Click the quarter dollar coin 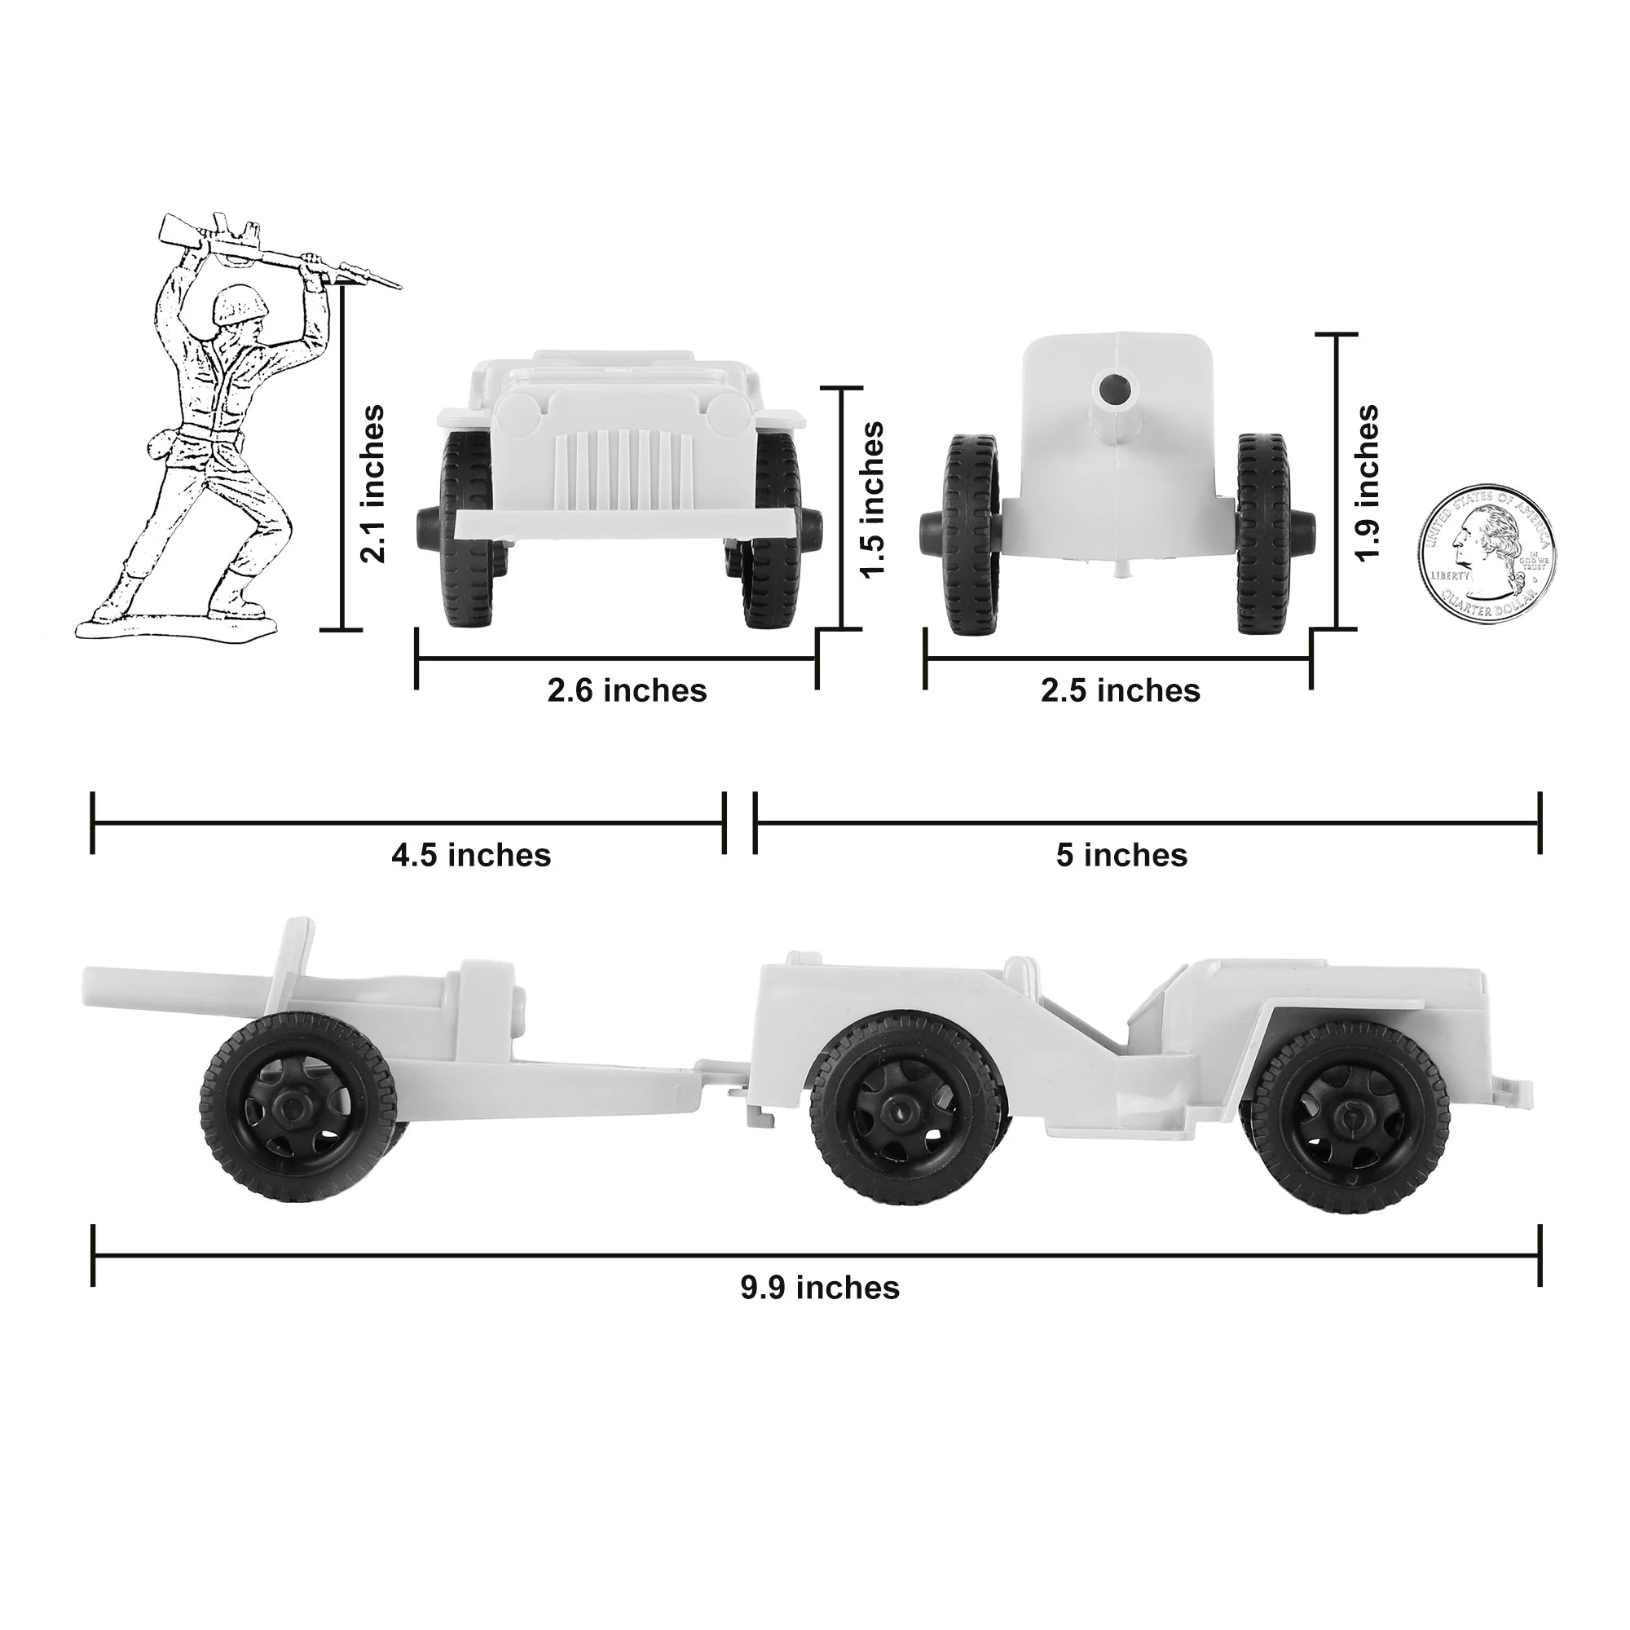(x=1487, y=554)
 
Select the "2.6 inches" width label (x=627, y=691)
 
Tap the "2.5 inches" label (x=1120, y=691)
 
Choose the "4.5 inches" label (x=471, y=856)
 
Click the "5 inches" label (x=1121, y=856)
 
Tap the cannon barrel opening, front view (x=1118, y=390)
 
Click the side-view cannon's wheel (x=297, y=1106)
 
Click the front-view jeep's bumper (x=624, y=523)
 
